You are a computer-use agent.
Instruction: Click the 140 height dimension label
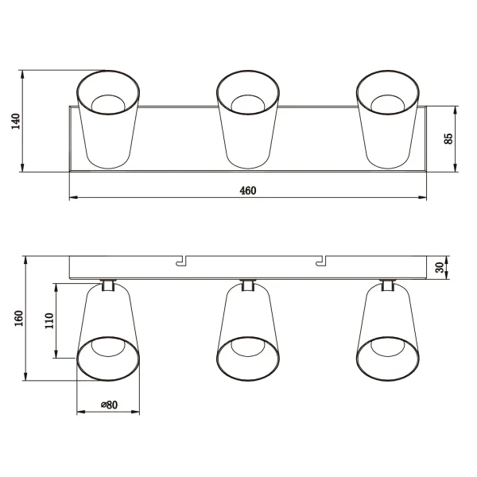coord(14,121)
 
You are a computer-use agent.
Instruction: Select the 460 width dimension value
coord(247,189)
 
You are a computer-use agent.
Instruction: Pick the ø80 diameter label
coord(108,405)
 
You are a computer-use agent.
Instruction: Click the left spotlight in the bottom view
coord(108,334)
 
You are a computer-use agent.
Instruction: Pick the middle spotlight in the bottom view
coord(248,334)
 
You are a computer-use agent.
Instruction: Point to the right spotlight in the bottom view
coord(388,334)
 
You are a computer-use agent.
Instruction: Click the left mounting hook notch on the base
coord(181,260)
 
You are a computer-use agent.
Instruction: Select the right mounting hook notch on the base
coord(321,260)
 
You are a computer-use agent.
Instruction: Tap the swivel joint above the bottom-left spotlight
coord(108,285)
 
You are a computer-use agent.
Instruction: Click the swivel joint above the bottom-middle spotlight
coord(248,285)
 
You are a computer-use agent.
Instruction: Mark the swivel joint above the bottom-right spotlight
coord(388,285)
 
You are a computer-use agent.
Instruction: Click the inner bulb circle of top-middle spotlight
coord(248,103)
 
